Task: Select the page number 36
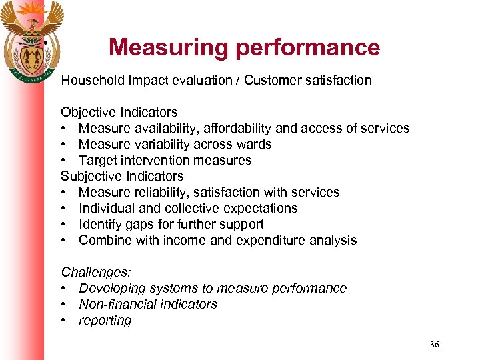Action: [x=435, y=344]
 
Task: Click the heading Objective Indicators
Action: [x=119, y=112]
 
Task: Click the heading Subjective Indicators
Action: [x=122, y=176]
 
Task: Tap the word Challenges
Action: [x=96, y=272]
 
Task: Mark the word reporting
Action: [x=105, y=321]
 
